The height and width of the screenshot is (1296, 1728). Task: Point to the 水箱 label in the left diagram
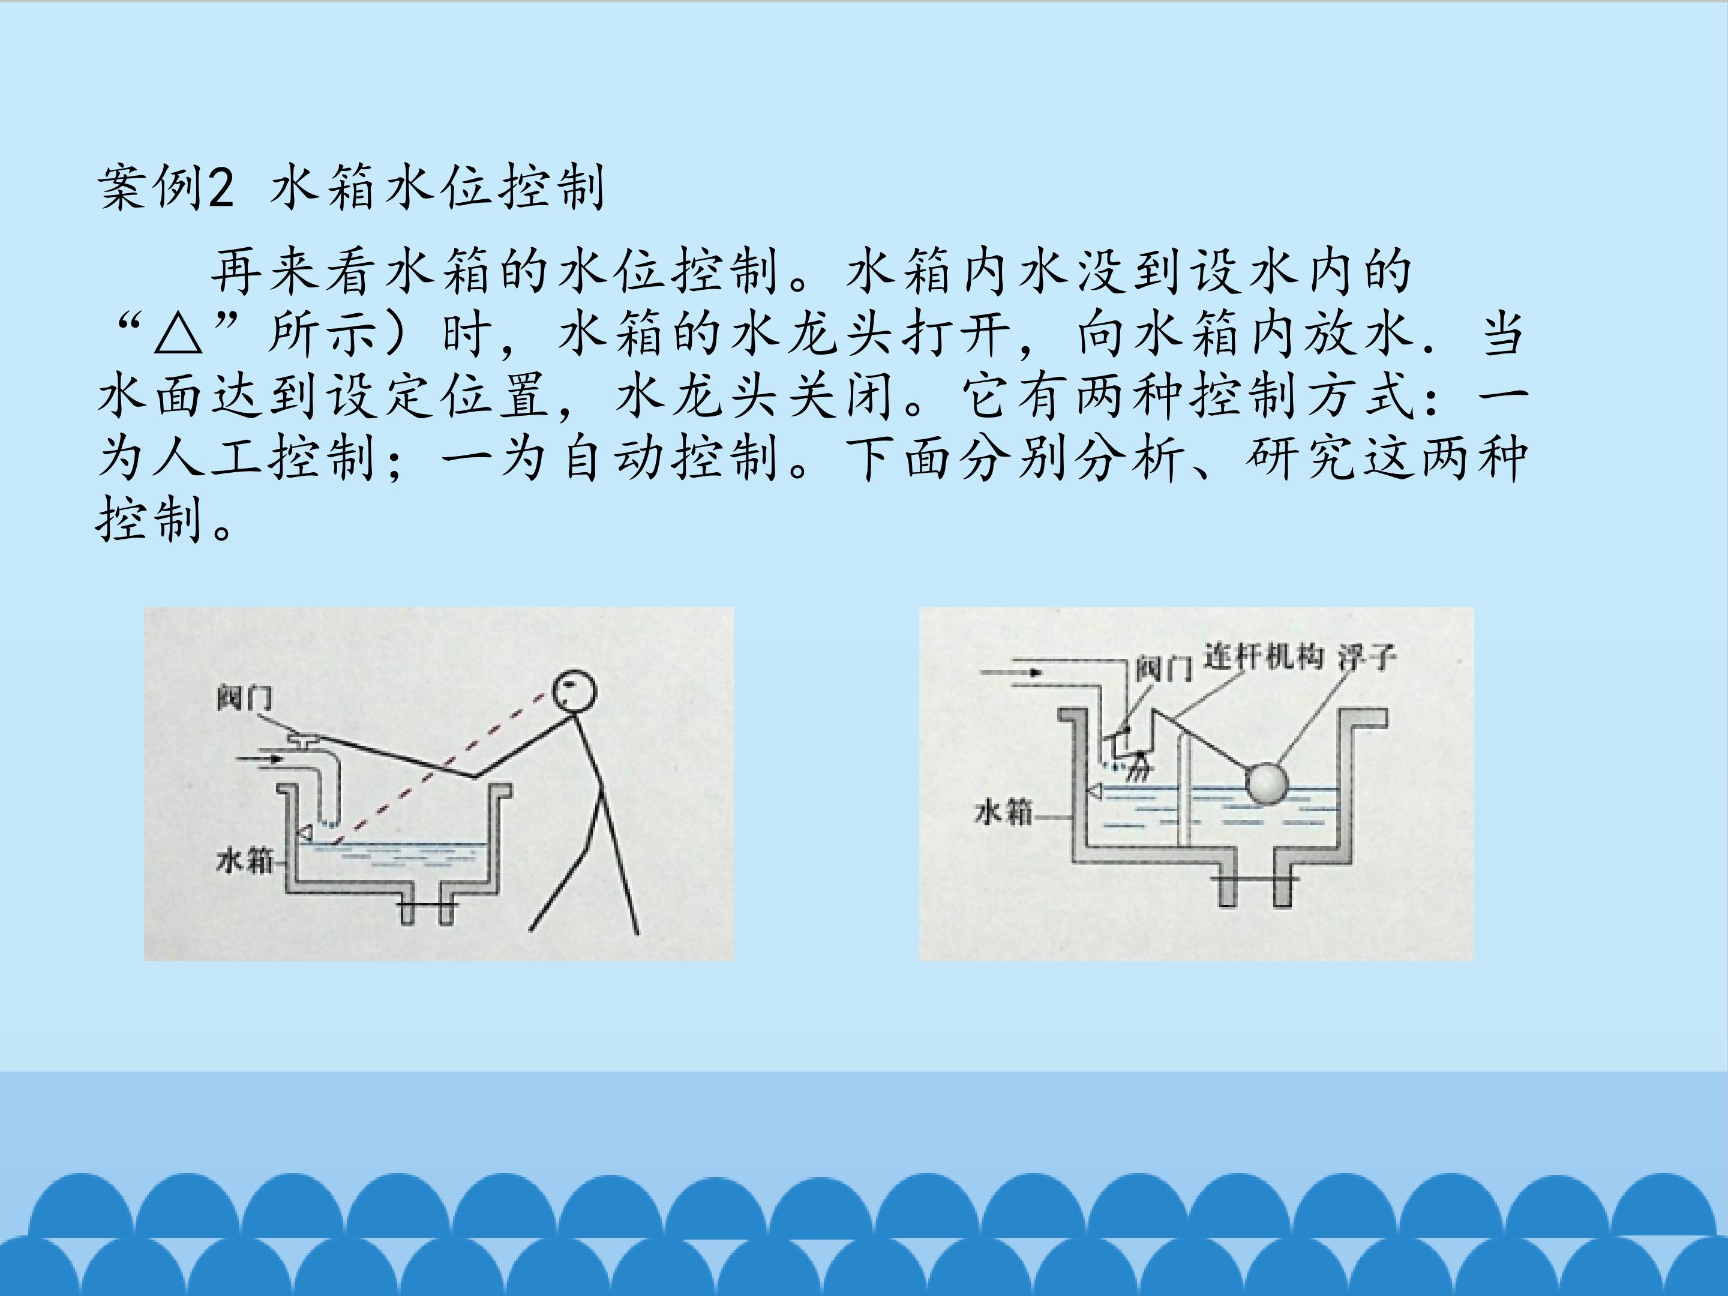pyautogui.click(x=245, y=860)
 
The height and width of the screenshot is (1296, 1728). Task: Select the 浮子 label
pyautogui.click(x=1367, y=657)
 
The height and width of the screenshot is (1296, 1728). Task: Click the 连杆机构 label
pyautogui.click(x=1263, y=656)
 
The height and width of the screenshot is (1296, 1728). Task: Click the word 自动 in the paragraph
pyautogui.click(x=614, y=458)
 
